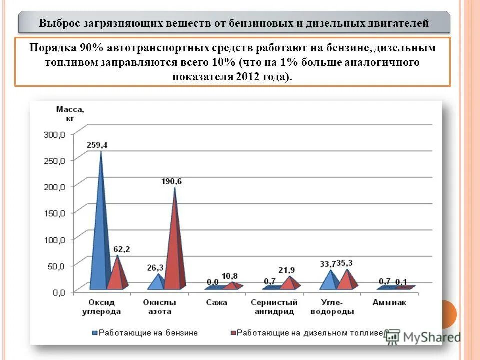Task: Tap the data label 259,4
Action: click(96, 145)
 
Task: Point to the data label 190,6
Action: click(171, 182)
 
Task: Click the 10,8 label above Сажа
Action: click(229, 276)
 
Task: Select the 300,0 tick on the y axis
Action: click(55, 134)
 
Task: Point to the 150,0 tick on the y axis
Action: click(55, 213)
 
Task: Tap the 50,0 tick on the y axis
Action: click(56, 266)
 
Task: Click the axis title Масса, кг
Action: click(70, 113)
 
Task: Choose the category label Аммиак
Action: click(389, 303)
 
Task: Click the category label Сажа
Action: click(216, 303)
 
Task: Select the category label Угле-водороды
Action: click(332, 307)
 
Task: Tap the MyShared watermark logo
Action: click(423, 337)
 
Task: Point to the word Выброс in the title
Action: click(58, 23)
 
